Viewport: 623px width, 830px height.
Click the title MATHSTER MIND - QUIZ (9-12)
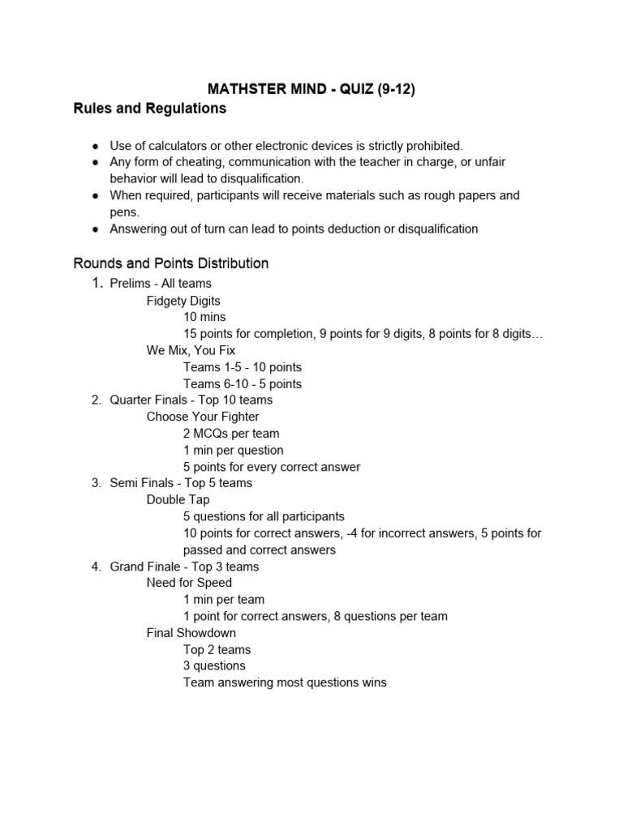click(311, 89)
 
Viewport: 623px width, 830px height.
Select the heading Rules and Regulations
click(150, 108)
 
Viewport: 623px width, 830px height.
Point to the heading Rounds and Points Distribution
click(170, 263)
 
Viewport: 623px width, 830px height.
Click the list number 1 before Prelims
click(96, 283)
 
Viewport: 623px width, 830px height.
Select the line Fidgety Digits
click(183, 301)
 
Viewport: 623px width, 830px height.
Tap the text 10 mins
click(204, 317)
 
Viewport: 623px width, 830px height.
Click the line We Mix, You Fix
click(191, 350)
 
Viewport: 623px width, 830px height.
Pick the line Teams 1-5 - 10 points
click(242, 367)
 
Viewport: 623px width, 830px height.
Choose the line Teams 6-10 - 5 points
click(242, 383)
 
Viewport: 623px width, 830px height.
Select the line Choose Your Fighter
click(203, 417)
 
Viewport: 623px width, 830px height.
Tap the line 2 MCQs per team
click(231, 434)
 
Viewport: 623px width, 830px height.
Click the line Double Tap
click(178, 500)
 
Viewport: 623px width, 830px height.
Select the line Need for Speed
click(189, 583)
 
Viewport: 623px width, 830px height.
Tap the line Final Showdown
click(191, 633)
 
